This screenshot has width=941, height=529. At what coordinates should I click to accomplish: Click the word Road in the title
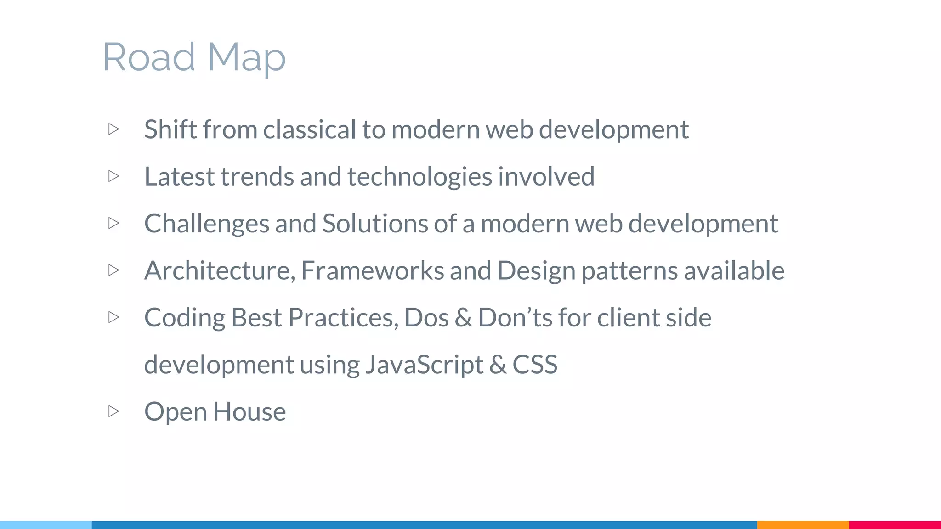click(149, 57)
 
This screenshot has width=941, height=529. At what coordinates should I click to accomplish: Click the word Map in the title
click(246, 58)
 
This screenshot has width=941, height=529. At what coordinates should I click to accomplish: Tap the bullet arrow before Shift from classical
click(114, 129)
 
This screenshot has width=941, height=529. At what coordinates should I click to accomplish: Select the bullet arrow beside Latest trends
click(114, 176)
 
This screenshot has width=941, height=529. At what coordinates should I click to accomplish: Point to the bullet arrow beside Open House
click(114, 411)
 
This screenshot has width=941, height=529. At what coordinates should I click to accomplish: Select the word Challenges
click(207, 224)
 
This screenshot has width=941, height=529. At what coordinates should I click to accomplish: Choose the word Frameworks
click(372, 270)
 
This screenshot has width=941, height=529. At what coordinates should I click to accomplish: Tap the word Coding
click(185, 318)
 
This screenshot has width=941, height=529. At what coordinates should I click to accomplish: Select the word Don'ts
click(515, 317)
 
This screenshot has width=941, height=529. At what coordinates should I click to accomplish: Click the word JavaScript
click(424, 365)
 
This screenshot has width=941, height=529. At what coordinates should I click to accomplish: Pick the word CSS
click(535, 365)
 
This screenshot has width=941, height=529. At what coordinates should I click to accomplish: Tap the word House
click(249, 411)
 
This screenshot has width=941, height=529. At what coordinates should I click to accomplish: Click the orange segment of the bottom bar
click(803, 524)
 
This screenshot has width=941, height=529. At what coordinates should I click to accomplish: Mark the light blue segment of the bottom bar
click(46, 524)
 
